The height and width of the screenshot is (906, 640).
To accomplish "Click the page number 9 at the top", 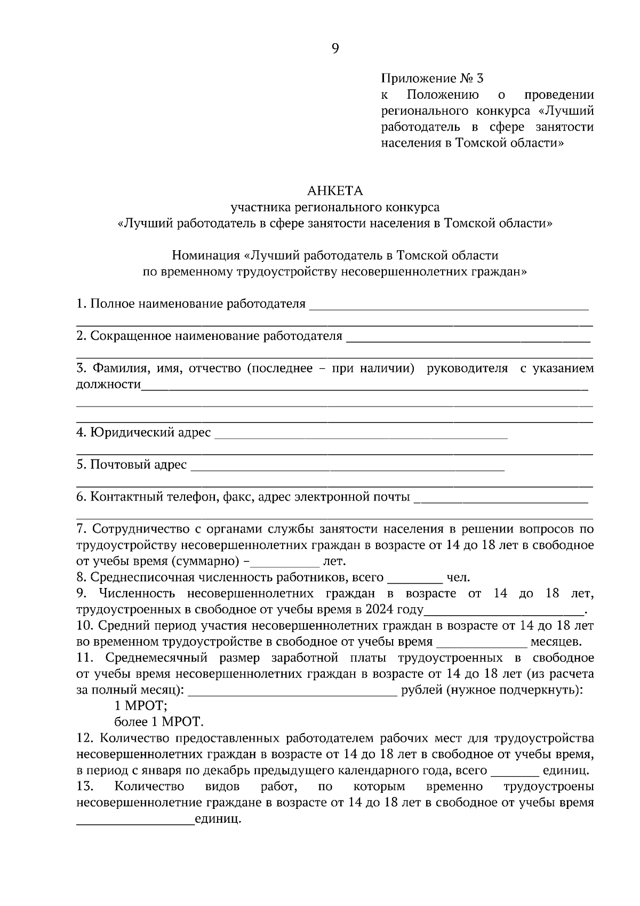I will [x=335, y=49].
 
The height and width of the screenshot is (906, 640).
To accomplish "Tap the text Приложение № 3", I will [x=432, y=79].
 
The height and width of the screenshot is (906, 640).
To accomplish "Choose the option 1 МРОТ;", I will [x=141, y=706].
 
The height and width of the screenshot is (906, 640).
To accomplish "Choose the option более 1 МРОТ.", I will [x=159, y=722].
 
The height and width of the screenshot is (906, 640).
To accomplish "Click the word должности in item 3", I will [x=108, y=385].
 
